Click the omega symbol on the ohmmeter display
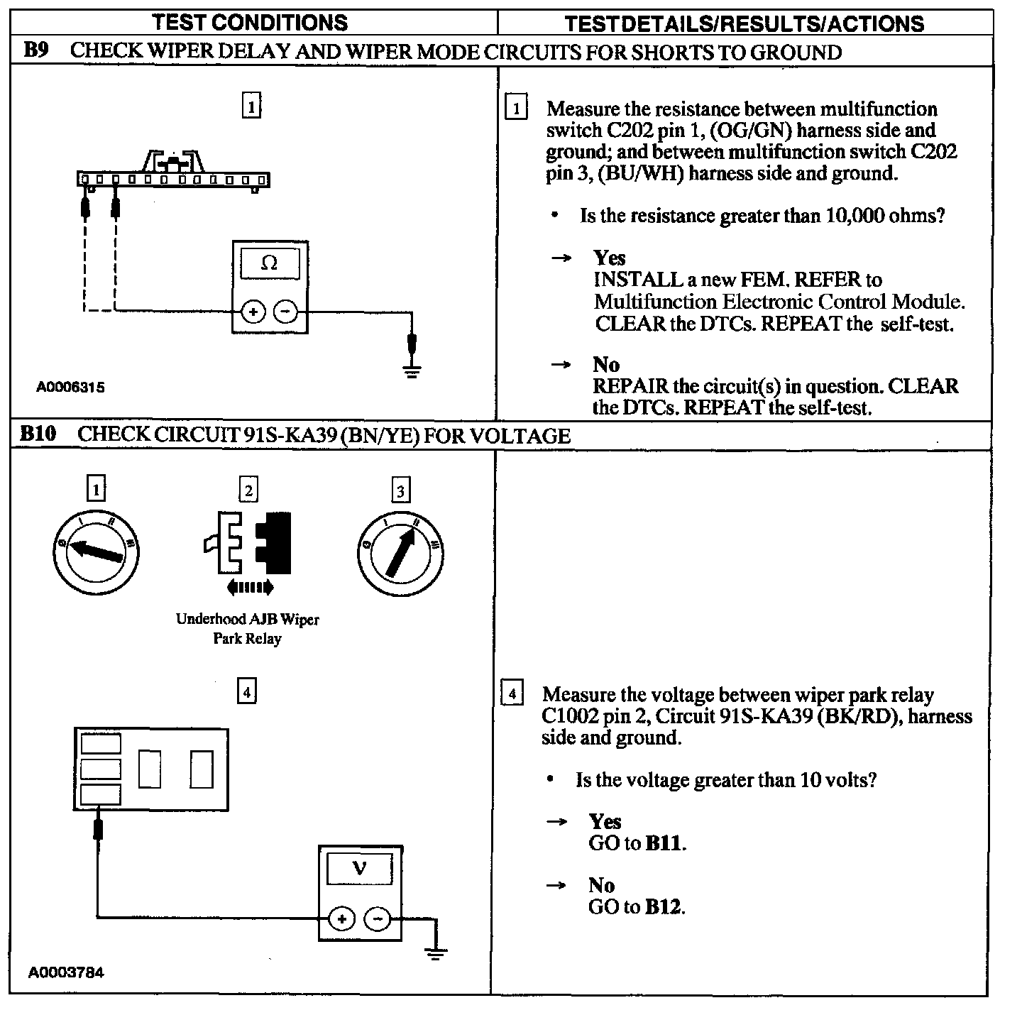click(269, 263)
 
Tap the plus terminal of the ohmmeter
click(253, 311)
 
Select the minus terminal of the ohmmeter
click(285, 311)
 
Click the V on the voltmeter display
click(360, 868)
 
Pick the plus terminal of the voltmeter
click(341, 919)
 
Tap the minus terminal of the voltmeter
click(377, 919)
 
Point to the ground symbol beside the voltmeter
click(436, 953)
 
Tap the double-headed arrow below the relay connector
click(249, 587)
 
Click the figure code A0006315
click(71, 388)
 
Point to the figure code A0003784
click(66, 972)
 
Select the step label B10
click(38, 434)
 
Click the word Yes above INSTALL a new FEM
click(610, 258)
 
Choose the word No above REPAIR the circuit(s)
click(606, 365)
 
